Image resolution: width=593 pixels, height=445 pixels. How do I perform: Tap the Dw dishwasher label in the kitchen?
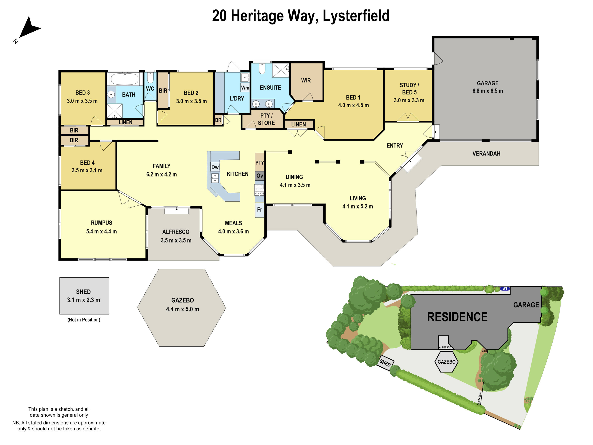(215, 167)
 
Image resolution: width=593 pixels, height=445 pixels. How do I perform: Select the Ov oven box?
(259, 176)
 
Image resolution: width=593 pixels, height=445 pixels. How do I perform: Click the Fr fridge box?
(259, 210)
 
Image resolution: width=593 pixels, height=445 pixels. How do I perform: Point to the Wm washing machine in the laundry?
(245, 88)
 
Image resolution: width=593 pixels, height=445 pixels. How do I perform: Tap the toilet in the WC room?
(150, 78)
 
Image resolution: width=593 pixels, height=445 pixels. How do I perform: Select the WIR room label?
(306, 80)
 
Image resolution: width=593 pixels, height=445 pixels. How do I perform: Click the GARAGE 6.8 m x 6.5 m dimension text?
(487, 91)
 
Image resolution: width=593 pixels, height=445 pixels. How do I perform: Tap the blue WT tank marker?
(505, 289)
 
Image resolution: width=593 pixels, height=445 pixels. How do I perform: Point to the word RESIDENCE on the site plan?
(457, 317)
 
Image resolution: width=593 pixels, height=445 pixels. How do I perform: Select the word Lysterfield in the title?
(356, 16)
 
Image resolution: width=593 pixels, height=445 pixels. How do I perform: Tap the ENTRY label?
(395, 146)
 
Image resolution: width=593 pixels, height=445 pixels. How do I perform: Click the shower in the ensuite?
(281, 70)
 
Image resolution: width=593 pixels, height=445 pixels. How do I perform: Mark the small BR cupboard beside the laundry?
(218, 120)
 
